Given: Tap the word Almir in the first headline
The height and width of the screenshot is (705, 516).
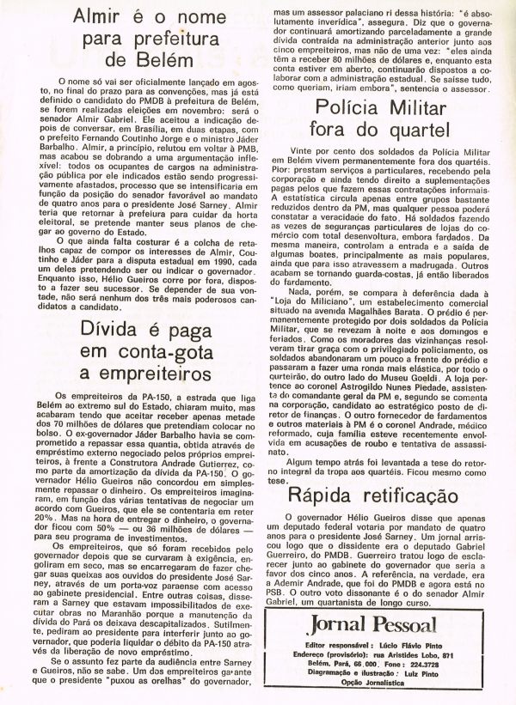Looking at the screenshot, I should pyautogui.click(x=99, y=16).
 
